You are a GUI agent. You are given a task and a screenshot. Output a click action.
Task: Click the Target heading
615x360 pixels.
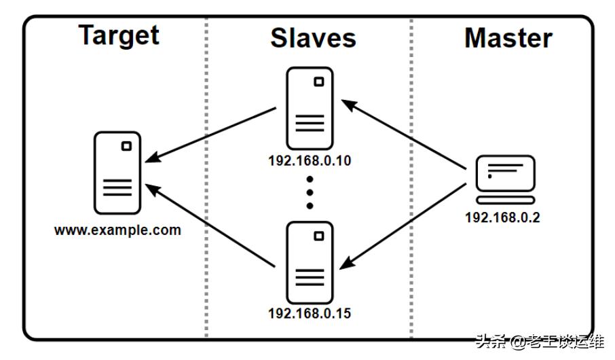[119, 35]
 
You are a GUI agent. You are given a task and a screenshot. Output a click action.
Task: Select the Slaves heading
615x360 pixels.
[313, 37]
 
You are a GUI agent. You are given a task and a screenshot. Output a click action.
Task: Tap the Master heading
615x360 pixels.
[508, 38]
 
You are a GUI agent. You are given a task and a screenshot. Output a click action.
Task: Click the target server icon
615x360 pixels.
[117, 173]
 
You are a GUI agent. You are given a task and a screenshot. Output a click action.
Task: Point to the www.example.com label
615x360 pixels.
[117, 230]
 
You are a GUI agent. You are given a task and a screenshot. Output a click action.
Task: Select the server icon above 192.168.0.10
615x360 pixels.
[310, 108]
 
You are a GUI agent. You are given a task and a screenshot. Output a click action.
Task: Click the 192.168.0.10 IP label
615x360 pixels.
[310, 162]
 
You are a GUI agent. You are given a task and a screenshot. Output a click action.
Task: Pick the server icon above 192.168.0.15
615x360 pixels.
[310, 262]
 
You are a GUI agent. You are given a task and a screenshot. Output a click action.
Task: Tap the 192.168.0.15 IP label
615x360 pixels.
[310, 314]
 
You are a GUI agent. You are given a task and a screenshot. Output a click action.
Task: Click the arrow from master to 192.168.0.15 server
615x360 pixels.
[405, 226]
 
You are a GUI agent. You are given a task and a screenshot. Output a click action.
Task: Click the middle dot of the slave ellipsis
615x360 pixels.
[310, 192]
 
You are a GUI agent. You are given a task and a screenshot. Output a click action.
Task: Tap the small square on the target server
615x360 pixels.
[126, 146]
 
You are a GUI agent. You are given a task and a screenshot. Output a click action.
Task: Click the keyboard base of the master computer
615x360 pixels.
[505, 200]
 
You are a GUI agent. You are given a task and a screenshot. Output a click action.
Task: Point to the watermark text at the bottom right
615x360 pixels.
[539, 342]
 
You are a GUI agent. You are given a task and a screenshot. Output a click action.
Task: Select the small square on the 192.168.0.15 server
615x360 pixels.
[318, 236]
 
